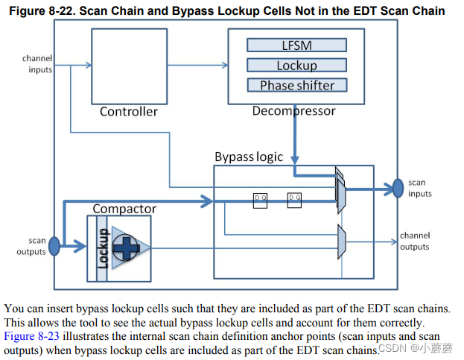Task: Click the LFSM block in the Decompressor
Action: click(296, 45)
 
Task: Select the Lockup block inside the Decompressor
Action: click(296, 66)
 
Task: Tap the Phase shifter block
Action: click(296, 85)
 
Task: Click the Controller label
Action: click(129, 112)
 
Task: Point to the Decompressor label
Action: click(293, 111)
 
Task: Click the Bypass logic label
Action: click(249, 157)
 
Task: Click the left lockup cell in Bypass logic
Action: click(260, 200)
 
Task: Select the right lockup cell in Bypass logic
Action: click(295, 200)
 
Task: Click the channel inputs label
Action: click(37, 64)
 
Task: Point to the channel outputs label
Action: click(414, 241)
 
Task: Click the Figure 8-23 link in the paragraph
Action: click(29, 335)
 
